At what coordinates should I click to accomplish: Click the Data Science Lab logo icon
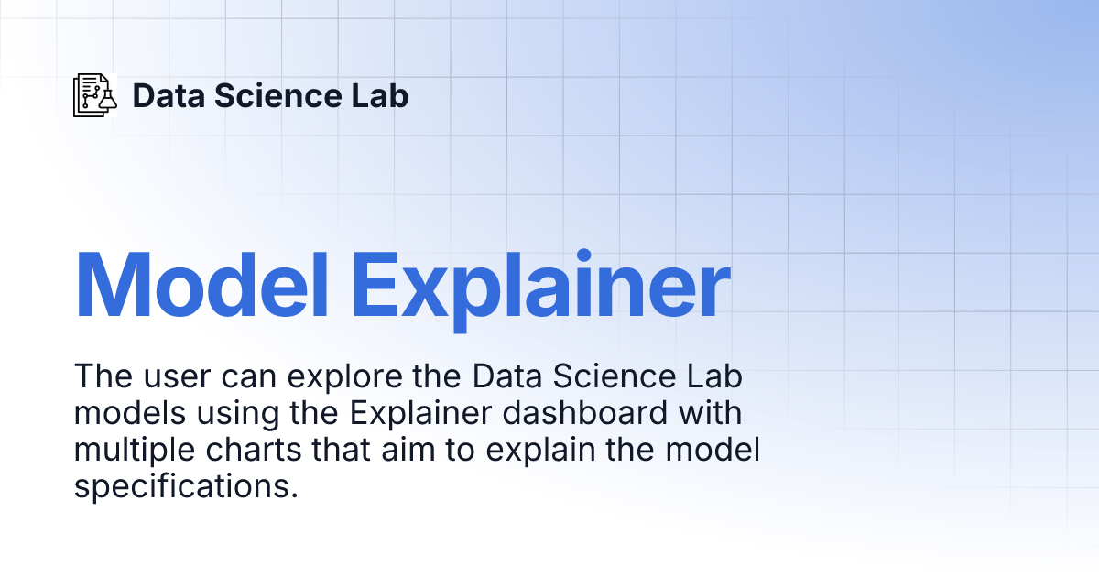coord(95,94)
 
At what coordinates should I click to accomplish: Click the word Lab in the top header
coord(380,95)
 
